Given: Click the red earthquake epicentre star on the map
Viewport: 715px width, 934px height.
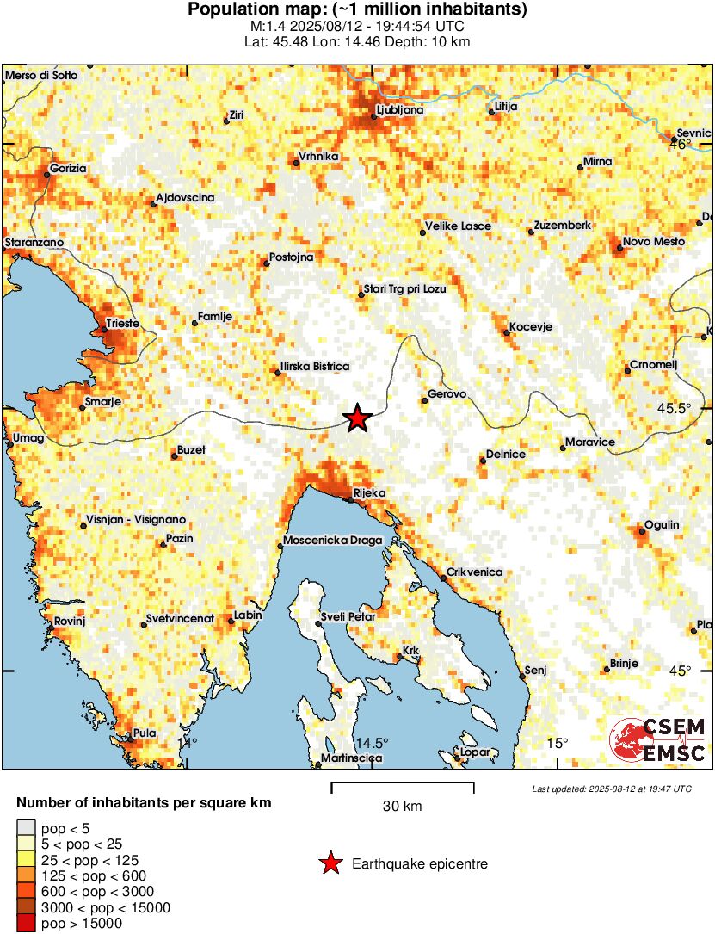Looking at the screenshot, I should click(x=357, y=418).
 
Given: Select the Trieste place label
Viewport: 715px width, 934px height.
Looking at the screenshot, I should click(x=121, y=325).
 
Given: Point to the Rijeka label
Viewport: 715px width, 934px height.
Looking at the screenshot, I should click(x=370, y=492).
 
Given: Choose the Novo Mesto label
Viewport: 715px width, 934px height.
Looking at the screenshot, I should click(x=654, y=242).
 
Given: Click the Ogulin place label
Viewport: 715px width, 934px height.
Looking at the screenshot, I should click(x=663, y=525).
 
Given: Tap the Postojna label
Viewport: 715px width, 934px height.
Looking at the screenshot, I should click(x=292, y=257).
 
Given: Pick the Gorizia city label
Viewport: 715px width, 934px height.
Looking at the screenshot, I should click(x=69, y=169).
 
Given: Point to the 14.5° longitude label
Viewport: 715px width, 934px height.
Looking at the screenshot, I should click(x=372, y=743).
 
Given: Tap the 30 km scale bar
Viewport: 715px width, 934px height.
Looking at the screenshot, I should click(x=403, y=785).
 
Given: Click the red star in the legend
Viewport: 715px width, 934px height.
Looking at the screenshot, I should click(x=330, y=863).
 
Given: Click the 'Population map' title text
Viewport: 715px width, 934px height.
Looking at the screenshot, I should click(x=357, y=10).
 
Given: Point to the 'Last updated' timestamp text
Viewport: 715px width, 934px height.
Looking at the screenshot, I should click(x=611, y=789).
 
